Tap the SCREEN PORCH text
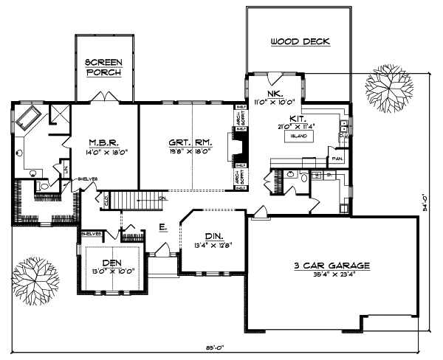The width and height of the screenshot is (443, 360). [x=104, y=67]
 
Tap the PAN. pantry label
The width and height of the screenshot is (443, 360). [x=338, y=158]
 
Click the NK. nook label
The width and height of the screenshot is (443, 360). [x=274, y=93]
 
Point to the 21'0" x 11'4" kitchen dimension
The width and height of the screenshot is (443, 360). [x=302, y=126]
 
